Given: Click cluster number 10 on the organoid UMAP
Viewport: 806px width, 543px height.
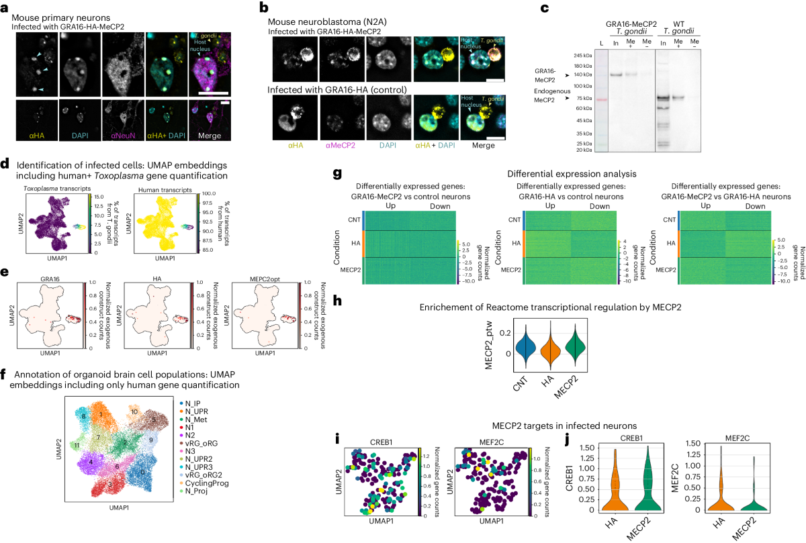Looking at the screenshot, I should pyautogui.click(x=134, y=411).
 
